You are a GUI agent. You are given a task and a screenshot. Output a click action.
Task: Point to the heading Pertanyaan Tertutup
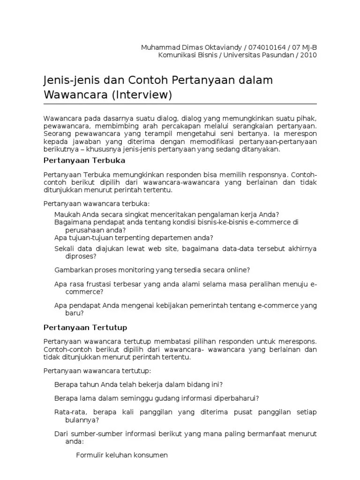85,327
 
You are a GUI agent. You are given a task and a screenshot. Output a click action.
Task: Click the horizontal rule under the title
180,104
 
